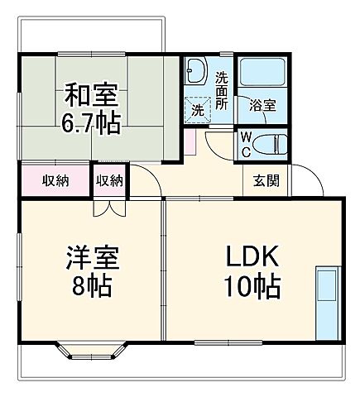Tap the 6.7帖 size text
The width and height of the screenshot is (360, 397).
click(90, 123)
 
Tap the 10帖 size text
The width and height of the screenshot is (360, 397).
click(252, 288)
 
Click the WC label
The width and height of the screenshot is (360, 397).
click(247, 144)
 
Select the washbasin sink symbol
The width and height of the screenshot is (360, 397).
click(196, 72)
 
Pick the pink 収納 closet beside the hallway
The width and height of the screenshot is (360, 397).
click(55, 180)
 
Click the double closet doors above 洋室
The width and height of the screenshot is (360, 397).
click(108, 207)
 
